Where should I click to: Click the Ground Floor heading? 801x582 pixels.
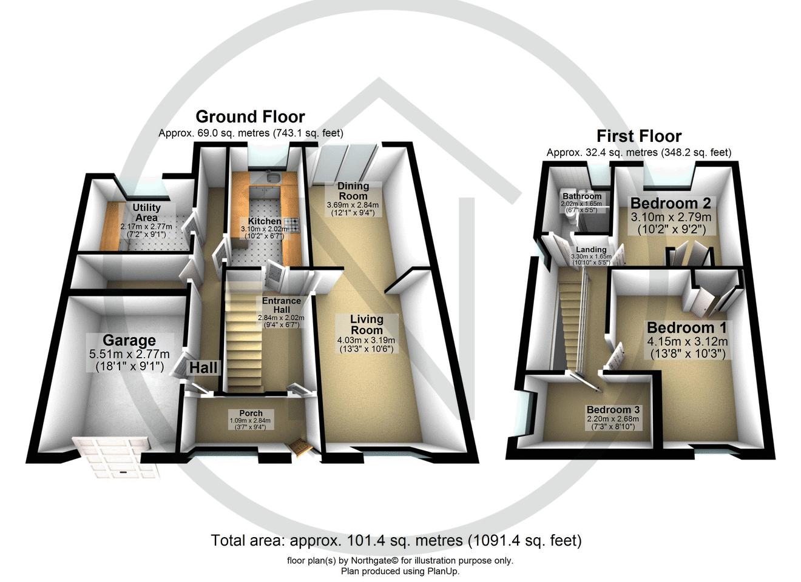tap(250, 116)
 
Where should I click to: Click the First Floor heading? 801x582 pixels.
tap(639, 136)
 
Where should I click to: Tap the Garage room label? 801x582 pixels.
tap(129, 341)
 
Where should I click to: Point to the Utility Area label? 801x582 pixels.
tap(146, 212)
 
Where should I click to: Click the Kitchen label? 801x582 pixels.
tap(264, 221)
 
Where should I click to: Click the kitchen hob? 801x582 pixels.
tap(294, 225)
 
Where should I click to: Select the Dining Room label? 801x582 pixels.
tap(353, 191)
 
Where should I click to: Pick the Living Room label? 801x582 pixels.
tap(367, 324)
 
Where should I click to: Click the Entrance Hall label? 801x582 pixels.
tap(281, 305)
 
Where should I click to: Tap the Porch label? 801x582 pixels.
tap(251, 413)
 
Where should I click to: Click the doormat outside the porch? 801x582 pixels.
tap(301, 447)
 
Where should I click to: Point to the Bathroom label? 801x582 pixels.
tap(581, 196)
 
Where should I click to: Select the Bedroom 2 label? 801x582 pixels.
tap(670, 203)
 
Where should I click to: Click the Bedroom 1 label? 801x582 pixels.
tap(686, 328)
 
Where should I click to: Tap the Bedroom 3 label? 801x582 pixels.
tap(612, 410)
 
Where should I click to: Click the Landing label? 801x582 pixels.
tap(591, 250)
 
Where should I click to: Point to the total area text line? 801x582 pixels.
tap(396, 540)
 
